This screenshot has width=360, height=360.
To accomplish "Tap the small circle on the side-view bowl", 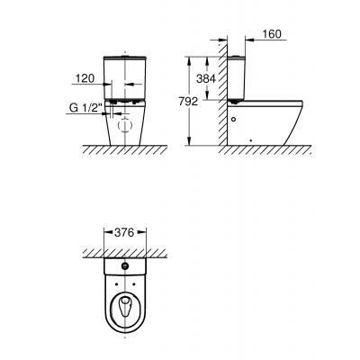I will point(235,118).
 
